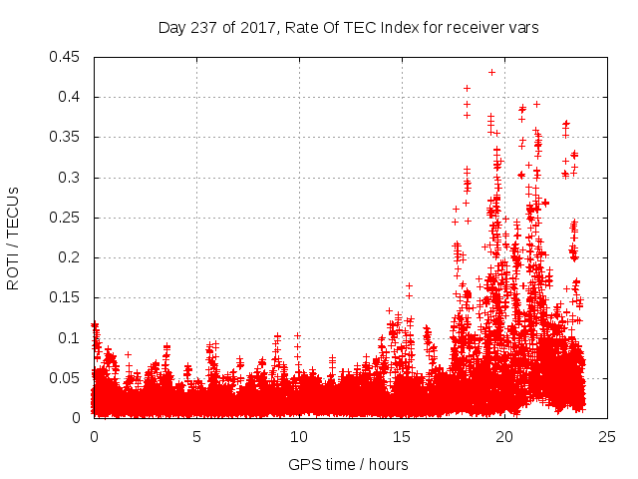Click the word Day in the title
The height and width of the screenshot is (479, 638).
[x=171, y=28]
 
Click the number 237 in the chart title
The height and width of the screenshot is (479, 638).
[x=203, y=28]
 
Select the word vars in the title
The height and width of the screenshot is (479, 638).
[x=524, y=28]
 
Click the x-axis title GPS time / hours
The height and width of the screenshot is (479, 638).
[x=348, y=464]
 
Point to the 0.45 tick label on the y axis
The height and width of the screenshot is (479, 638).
[x=67, y=57]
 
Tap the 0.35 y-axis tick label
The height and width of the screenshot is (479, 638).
[x=67, y=137]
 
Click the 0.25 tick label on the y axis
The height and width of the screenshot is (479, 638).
[x=67, y=217]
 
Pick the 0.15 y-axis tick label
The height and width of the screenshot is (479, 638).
[x=67, y=297]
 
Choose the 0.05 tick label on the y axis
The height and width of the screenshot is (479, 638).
[x=67, y=377]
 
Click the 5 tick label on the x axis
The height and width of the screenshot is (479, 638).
[x=196, y=436]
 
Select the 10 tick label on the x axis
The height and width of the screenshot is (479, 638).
[x=299, y=436]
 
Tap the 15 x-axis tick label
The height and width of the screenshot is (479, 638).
[x=402, y=436]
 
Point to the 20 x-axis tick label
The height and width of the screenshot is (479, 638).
[x=504, y=436]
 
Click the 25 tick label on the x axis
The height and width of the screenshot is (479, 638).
[x=607, y=436]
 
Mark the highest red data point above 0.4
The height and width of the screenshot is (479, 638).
[x=491, y=72]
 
